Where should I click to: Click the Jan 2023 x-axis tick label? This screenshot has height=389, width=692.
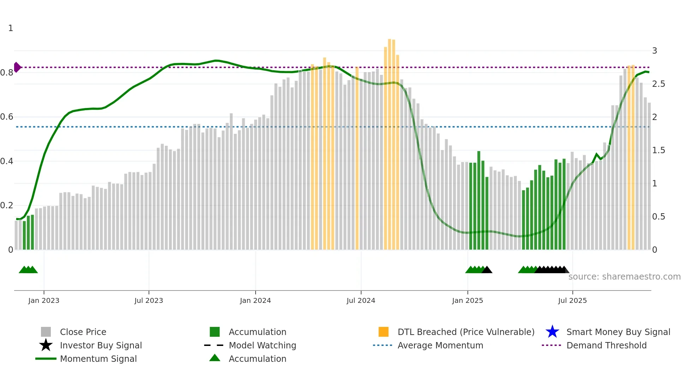(x=44, y=300)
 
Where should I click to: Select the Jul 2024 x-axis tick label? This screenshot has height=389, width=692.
(x=361, y=300)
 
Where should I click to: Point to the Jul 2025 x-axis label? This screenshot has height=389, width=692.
(x=572, y=300)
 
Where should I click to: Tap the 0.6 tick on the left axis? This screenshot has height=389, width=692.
(x=7, y=117)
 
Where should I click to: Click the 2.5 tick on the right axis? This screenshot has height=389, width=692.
(x=658, y=84)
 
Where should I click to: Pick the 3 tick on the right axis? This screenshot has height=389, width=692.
(x=655, y=51)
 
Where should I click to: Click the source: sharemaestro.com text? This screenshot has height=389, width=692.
(x=624, y=277)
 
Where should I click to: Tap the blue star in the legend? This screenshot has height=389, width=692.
(x=552, y=332)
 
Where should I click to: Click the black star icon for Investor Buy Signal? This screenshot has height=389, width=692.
(x=46, y=345)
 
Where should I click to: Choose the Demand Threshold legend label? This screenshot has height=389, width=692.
(x=606, y=345)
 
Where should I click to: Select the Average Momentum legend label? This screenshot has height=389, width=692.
(x=440, y=345)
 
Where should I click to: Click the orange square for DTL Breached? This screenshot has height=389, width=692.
(x=383, y=332)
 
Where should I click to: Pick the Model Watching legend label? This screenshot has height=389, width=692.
(x=262, y=345)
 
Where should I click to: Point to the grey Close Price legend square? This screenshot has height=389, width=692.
(x=46, y=332)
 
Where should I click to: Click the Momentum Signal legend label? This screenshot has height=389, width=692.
(x=98, y=359)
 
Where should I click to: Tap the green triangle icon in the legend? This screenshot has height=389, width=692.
(x=215, y=358)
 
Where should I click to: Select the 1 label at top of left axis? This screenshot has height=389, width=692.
(x=11, y=28)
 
